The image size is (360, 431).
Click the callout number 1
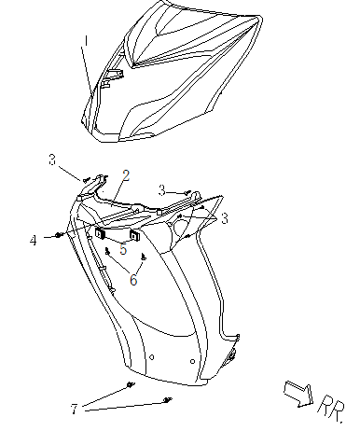click(x=86, y=41)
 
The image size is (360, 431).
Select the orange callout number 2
click(x=126, y=175)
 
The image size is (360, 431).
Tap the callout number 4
click(x=34, y=241)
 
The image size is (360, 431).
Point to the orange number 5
click(x=123, y=249)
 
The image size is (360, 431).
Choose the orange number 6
click(x=133, y=280)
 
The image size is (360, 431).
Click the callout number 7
click(x=74, y=410)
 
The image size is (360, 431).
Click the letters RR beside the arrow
click(x=332, y=409)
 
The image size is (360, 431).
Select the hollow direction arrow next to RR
click(x=298, y=394)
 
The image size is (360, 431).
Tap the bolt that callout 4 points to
click(x=59, y=235)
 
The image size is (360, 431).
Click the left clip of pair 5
click(x=100, y=233)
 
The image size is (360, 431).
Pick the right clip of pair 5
click(x=134, y=235)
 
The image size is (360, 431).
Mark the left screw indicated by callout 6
click(x=107, y=251)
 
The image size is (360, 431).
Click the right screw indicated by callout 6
click(x=144, y=257)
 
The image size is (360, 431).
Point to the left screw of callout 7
click(x=131, y=385)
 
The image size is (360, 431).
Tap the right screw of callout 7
click(x=168, y=400)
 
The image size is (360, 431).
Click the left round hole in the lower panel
click(x=152, y=357)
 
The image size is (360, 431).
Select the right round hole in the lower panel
click(x=192, y=361)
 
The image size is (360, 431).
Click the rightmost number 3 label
click(x=225, y=218)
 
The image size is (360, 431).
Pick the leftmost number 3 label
click(x=52, y=160)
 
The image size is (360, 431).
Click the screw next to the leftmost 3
click(x=86, y=180)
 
